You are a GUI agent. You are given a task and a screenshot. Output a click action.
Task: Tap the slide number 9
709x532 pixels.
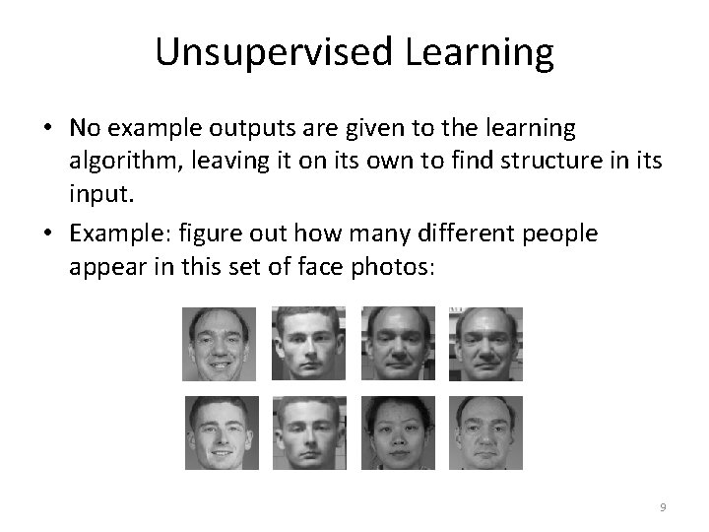pos(663,507)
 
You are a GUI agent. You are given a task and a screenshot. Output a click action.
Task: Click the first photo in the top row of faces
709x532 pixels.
pos(219,344)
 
